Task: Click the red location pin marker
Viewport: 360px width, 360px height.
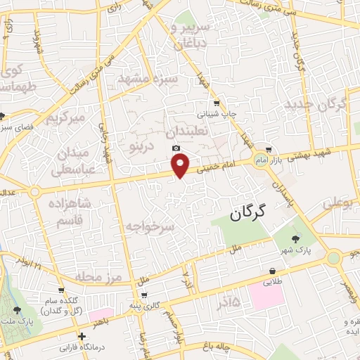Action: coord(181,165)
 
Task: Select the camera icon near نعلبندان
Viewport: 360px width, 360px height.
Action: coord(176,148)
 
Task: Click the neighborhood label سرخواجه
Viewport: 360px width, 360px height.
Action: coord(149,227)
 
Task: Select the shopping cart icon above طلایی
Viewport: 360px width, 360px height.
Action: coord(271,271)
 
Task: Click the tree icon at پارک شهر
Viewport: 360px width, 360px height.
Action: coord(304,240)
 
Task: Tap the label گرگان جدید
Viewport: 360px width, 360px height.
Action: coord(316,105)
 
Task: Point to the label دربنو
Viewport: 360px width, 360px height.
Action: coord(138,146)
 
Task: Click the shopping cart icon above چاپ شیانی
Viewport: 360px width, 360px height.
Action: coord(217,103)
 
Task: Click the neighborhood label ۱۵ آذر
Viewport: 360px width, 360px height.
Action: coord(226,302)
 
